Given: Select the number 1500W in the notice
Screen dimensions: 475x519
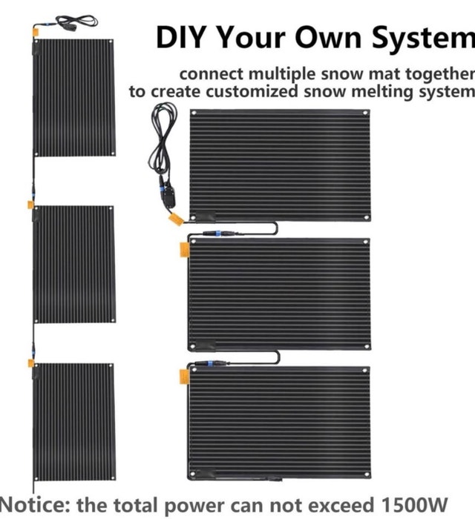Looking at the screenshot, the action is click(414, 505).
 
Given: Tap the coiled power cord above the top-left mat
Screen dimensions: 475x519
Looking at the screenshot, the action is click(77, 22).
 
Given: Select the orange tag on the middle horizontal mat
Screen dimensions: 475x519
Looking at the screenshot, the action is click(185, 250).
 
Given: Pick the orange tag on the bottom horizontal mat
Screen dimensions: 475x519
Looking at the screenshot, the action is click(184, 377).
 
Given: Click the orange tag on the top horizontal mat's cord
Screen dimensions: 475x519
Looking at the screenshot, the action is click(176, 219).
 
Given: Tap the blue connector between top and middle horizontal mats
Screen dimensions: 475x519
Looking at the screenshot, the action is click(217, 234).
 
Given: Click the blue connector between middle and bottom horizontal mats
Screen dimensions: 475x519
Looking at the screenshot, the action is click(210, 364).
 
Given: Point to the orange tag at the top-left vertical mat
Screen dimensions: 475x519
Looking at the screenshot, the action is click(35, 33).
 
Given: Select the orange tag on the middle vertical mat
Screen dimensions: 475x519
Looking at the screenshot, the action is click(30, 205).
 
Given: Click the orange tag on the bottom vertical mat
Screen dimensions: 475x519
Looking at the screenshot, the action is click(31, 363).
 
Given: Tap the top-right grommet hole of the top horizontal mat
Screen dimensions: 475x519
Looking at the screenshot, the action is click(365, 113).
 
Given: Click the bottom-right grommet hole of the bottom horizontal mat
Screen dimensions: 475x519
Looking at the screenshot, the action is click(367, 475).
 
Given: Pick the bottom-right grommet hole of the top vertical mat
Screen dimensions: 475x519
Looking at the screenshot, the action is click(112, 153).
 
